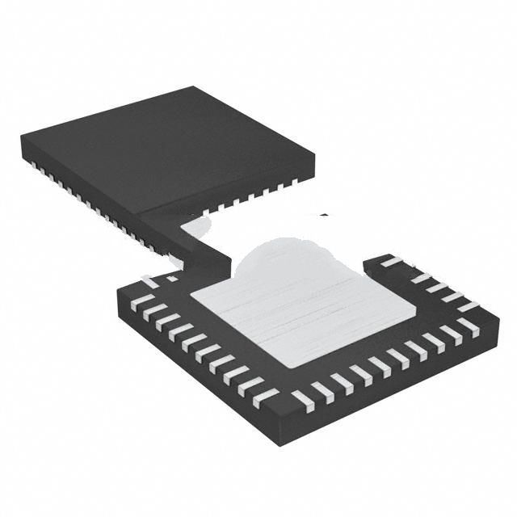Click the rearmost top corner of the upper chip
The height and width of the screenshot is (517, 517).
[192, 87]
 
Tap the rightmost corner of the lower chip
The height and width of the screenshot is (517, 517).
[487, 308]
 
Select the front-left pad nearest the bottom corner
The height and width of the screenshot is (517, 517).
[266, 395]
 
